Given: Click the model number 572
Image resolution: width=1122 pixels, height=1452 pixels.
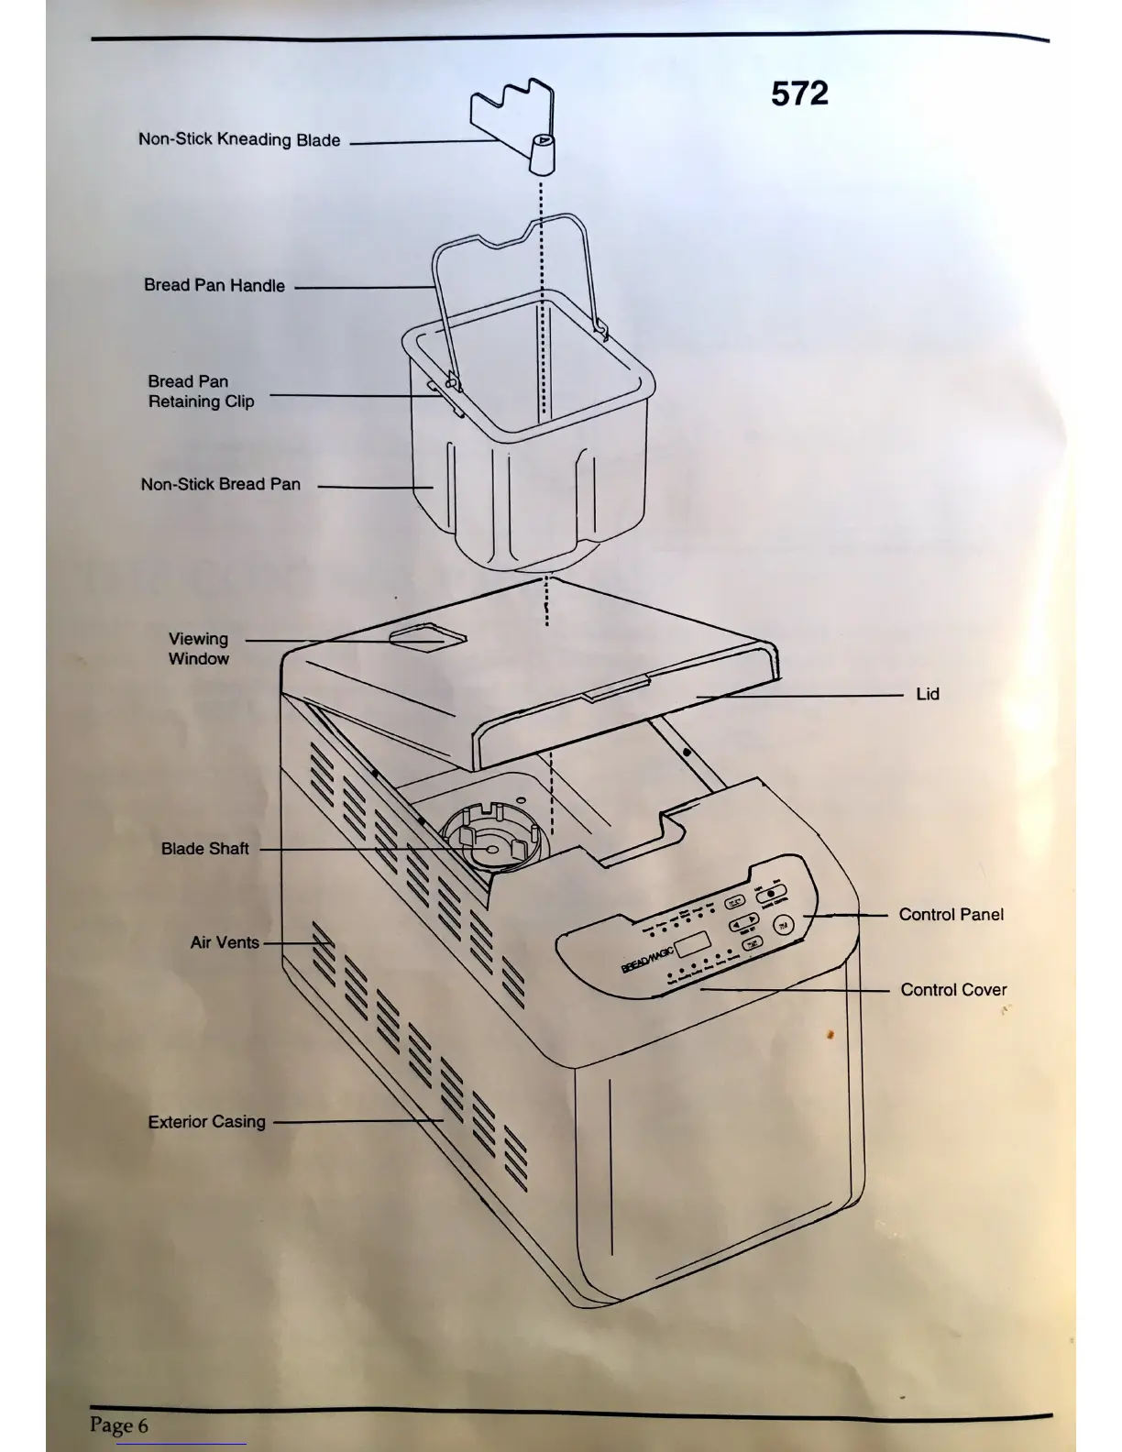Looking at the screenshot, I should coord(799,93).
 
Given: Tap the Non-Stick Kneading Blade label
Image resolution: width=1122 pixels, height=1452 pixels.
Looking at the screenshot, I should coord(239,140).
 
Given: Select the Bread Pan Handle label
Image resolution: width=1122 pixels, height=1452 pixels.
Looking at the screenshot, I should coord(214,286).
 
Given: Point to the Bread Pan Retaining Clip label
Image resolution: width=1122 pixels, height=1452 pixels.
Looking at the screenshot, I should coord(201,391).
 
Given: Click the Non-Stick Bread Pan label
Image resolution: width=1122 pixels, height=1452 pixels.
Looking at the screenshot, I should coord(221,485).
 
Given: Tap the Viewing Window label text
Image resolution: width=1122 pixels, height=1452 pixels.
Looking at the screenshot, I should coord(198,649).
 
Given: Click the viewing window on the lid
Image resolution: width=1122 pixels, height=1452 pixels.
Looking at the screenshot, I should coord(428,637).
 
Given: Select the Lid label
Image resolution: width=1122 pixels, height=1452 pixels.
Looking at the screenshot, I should coord(928,695).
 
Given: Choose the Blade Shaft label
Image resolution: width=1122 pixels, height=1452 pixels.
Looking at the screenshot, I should coord(205,850).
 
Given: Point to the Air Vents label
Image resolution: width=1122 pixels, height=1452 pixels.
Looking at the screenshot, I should coord(225,943).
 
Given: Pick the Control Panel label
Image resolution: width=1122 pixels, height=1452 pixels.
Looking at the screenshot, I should coord(951,915).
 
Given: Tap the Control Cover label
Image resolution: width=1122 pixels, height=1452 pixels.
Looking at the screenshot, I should coord(953,990).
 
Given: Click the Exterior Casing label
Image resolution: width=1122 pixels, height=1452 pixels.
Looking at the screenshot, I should coord(207,1122).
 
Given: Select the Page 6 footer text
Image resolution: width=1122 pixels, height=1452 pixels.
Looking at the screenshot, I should coord(119,1425).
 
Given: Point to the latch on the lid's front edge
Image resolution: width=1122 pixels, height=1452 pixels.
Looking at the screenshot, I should coord(616,687).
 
